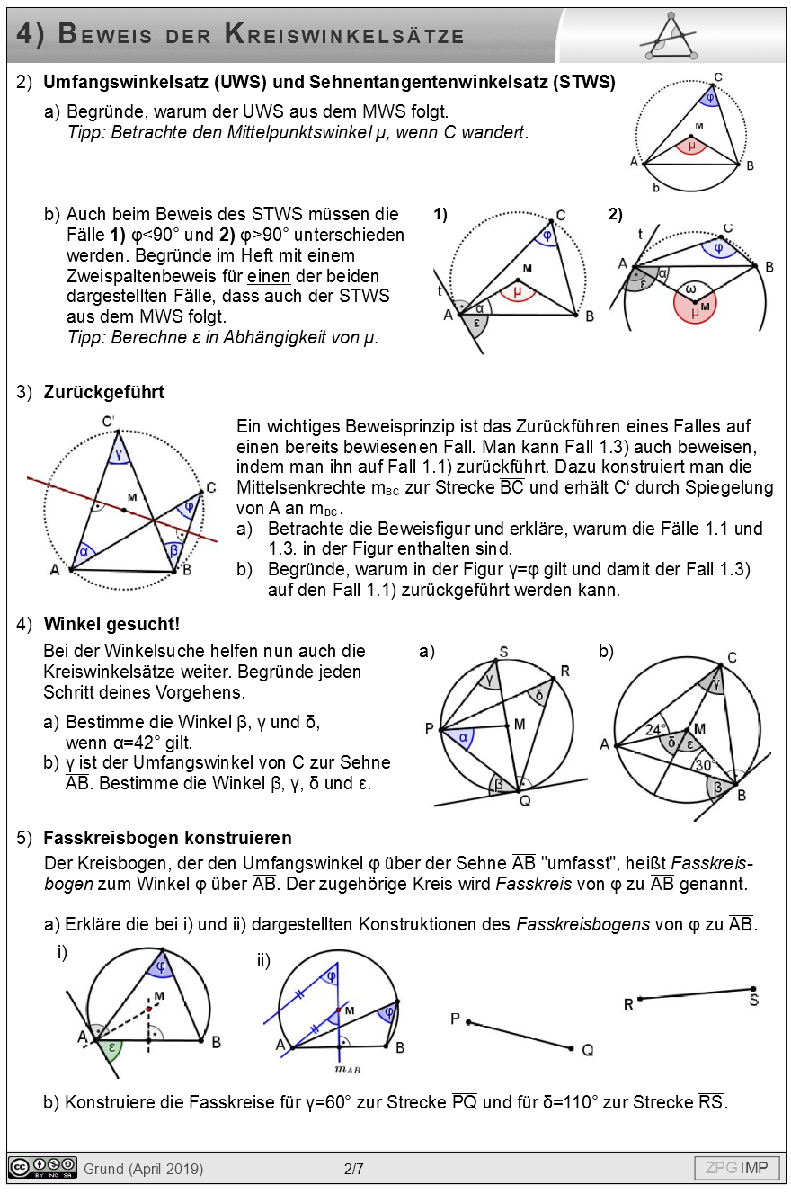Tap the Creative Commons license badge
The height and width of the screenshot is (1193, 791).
click(x=43, y=1167)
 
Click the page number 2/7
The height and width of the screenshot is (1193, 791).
click(x=353, y=1169)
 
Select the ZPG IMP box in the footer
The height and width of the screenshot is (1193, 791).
click(x=736, y=1168)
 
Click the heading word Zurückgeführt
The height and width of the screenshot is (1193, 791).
click(x=103, y=393)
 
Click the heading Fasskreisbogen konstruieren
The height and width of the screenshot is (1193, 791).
click(x=167, y=838)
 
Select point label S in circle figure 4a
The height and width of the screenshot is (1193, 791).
click(x=503, y=652)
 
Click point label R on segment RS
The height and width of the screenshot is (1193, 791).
click(x=628, y=1005)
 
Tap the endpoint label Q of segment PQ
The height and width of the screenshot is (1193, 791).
click(x=587, y=1050)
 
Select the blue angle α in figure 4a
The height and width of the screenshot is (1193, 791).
click(x=461, y=737)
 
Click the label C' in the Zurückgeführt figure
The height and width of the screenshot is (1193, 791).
click(x=109, y=421)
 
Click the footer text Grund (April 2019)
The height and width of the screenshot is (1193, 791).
click(x=144, y=1169)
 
